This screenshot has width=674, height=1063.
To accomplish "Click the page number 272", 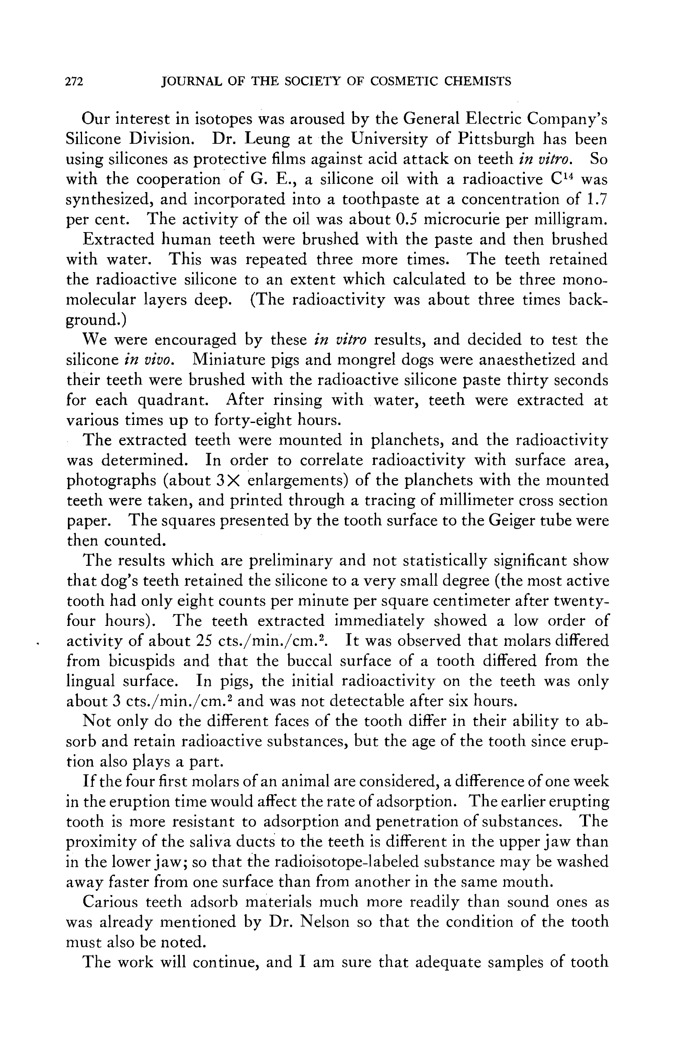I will pos(74,82).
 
